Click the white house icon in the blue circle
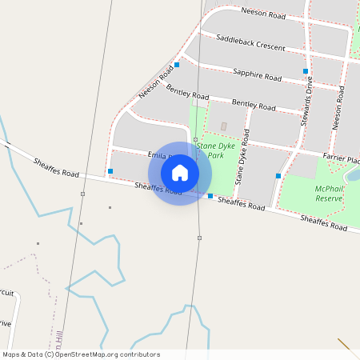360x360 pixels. click(x=180, y=173)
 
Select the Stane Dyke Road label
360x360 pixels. click(x=242, y=163)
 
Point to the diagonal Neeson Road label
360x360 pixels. click(x=156, y=82)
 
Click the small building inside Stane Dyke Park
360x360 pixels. click(x=223, y=126)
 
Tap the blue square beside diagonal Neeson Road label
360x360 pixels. click(x=176, y=64)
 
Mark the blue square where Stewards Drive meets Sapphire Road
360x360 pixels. click(x=306, y=71)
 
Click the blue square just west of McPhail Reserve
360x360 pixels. click(x=278, y=175)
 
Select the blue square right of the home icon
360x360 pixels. click(x=210, y=196)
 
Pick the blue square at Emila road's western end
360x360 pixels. click(x=110, y=171)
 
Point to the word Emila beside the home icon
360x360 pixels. click(x=155, y=154)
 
